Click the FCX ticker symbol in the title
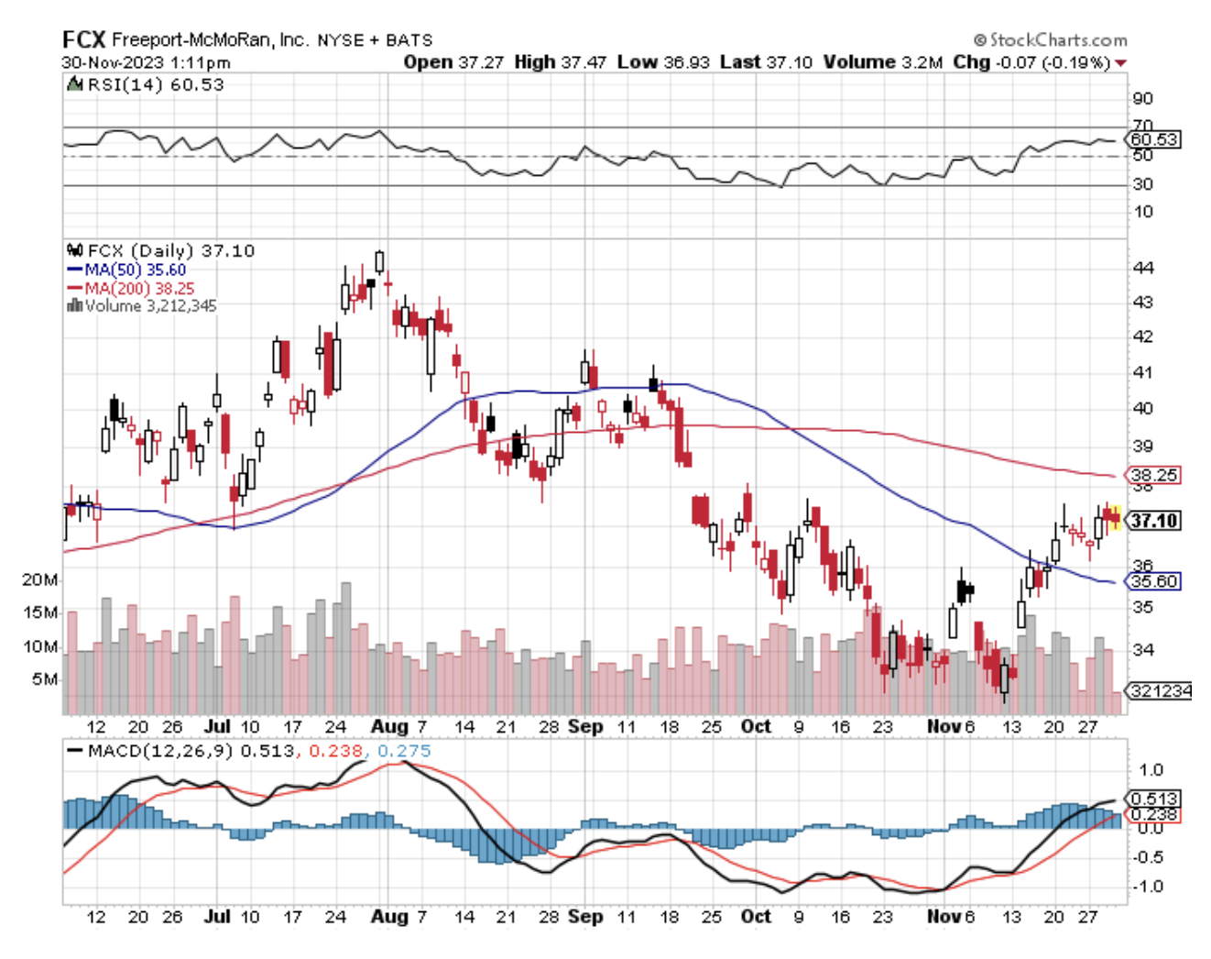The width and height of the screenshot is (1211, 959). [84, 39]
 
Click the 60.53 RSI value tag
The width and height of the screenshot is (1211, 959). [1154, 139]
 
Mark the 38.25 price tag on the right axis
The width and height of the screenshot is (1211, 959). [1154, 475]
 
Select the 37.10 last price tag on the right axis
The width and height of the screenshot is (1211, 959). [1154, 521]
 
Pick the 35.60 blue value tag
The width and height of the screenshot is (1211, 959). [1154, 581]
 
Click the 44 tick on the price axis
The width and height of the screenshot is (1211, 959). [1142, 268]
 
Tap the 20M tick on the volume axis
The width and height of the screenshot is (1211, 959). [39, 580]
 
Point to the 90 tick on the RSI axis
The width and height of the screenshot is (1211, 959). [1142, 98]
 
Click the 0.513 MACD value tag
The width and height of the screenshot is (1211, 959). [1154, 799]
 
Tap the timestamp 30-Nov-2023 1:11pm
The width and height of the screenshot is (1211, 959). [147, 62]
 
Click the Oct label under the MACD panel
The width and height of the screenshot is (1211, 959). [756, 916]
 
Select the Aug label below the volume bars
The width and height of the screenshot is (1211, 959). [389, 726]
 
